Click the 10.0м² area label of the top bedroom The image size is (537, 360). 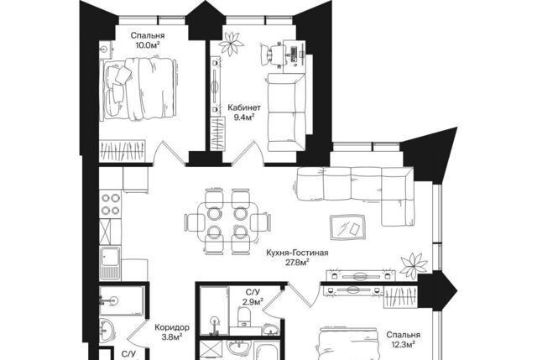[148, 44]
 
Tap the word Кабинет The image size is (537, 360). [244, 107]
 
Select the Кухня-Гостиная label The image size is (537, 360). [297, 253]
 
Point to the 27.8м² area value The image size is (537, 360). [297, 263]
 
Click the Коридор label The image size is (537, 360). [172, 327]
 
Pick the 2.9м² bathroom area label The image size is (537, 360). [252, 302]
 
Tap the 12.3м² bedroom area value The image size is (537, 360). [403, 344]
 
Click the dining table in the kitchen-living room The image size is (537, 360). [227, 222]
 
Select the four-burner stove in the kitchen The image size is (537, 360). [110, 204]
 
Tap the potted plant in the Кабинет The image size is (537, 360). [232, 43]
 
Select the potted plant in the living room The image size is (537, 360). [414, 265]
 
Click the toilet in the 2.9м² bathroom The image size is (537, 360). [244, 317]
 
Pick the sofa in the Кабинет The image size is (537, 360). [286, 112]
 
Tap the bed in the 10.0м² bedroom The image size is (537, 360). [140, 89]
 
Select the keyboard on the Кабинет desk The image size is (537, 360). [294, 54]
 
